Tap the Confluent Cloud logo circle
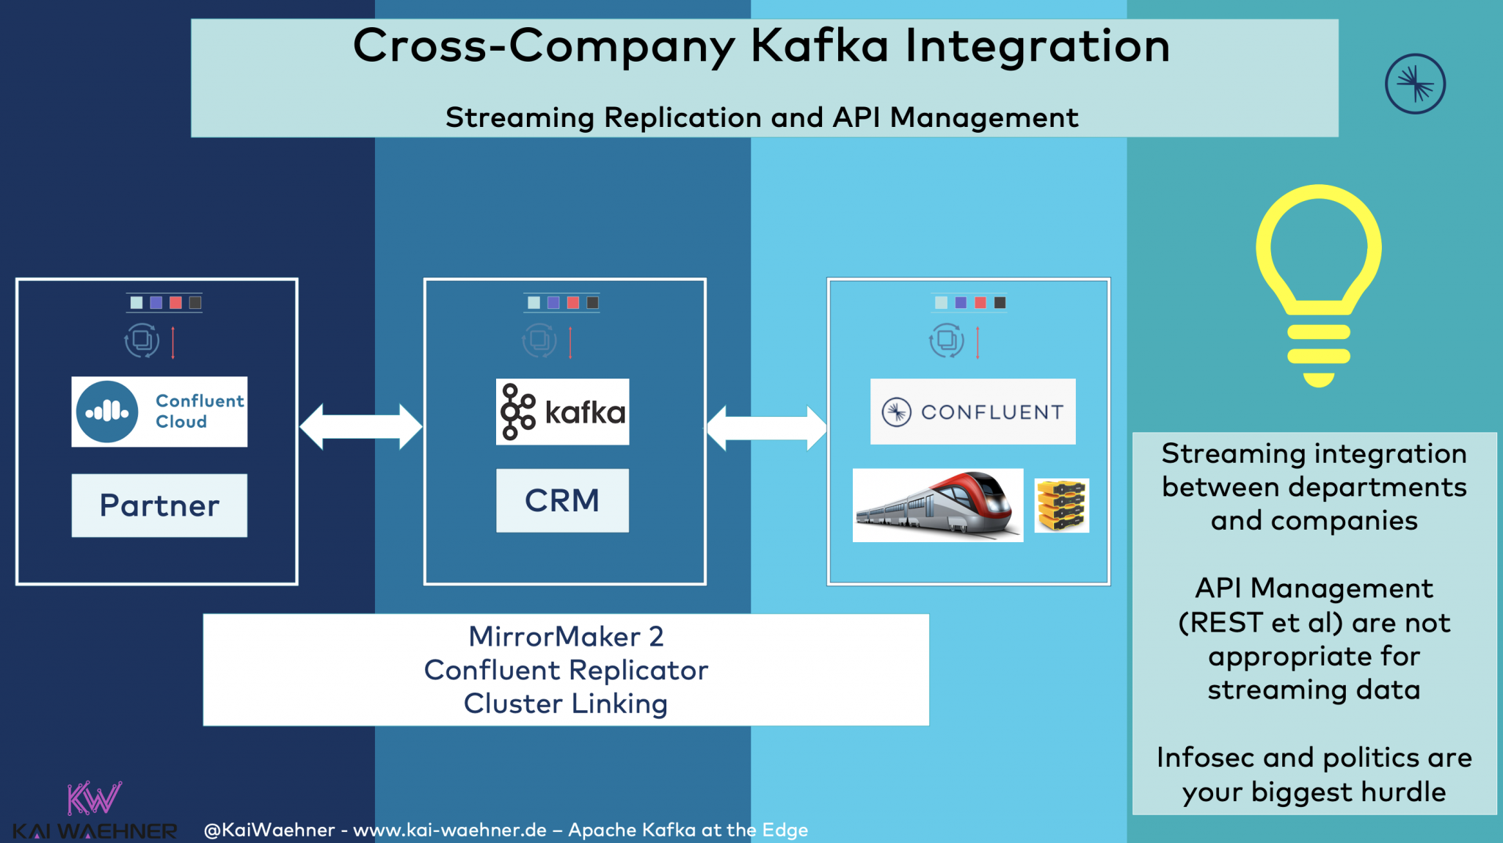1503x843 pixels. [x=107, y=412]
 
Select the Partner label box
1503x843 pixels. [x=159, y=506]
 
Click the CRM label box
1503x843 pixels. [x=562, y=500]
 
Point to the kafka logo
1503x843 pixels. [x=562, y=412]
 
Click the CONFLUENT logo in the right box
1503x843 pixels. [x=972, y=412]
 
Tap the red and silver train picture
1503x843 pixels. [x=937, y=506]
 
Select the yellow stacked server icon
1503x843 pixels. [x=1061, y=506]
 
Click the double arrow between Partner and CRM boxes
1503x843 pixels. [x=361, y=426]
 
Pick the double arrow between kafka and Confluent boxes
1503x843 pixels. [x=766, y=428]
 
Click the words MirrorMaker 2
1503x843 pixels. [x=566, y=636]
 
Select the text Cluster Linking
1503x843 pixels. [x=566, y=704]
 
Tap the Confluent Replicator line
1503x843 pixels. [x=566, y=670]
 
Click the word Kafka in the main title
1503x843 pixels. [x=820, y=45]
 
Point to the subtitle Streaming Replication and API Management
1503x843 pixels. [x=762, y=117]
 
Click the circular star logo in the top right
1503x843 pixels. [x=1415, y=84]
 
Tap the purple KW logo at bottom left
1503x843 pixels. [x=94, y=798]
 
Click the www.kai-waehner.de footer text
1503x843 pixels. [x=450, y=830]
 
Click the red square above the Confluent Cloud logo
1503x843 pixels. [x=175, y=302]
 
